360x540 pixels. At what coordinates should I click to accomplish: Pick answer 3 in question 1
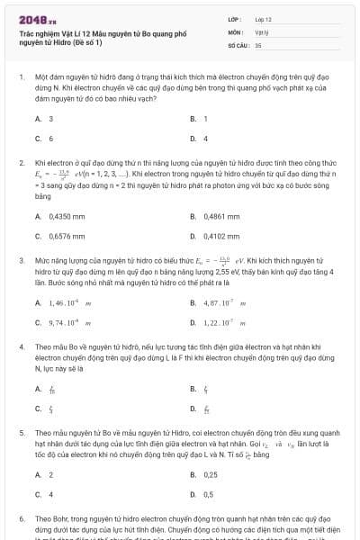point(50,118)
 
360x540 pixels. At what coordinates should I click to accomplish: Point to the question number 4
point(21,346)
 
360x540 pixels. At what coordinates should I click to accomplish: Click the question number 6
point(21,519)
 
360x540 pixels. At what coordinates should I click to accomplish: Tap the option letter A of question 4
point(38,389)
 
